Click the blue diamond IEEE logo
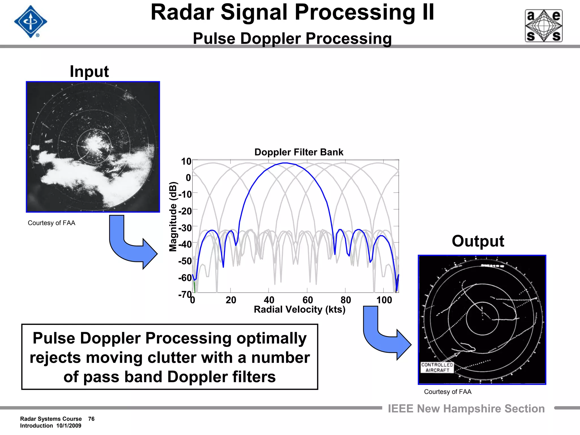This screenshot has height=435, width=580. pyautogui.click(x=31, y=22)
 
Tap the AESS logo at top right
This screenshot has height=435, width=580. pyautogui.click(x=543, y=26)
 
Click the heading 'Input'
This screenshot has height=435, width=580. pyautogui.click(x=89, y=71)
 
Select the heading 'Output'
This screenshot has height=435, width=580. pyautogui.click(x=478, y=241)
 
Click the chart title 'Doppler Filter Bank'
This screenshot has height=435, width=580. pyautogui.click(x=299, y=152)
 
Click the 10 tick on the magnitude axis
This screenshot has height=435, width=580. pyautogui.click(x=186, y=161)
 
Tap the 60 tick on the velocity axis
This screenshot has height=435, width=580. pyautogui.click(x=308, y=300)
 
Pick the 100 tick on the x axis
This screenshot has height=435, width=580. pyautogui.click(x=384, y=300)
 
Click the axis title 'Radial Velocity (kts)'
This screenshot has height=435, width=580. pyautogui.click(x=300, y=310)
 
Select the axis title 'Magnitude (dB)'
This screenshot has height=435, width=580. pyautogui.click(x=173, y=217)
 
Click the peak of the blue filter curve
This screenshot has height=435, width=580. pyautogui.click(x=285, y=163)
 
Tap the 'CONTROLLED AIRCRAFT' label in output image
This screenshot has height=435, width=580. pyautogui.click(x=437, y=367)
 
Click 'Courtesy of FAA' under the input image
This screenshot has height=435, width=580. pyautogui.click(x=52, y=223)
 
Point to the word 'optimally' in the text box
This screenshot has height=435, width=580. pyautogui.click(x=271, y=338)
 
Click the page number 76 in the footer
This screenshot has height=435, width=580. pyautogui.click(x=91, y=419)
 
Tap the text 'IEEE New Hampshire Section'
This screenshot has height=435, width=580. pyautogui.click(x=466, y=409)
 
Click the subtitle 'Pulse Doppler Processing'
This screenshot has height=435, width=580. pyautogui.click(x=292, y=39)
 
